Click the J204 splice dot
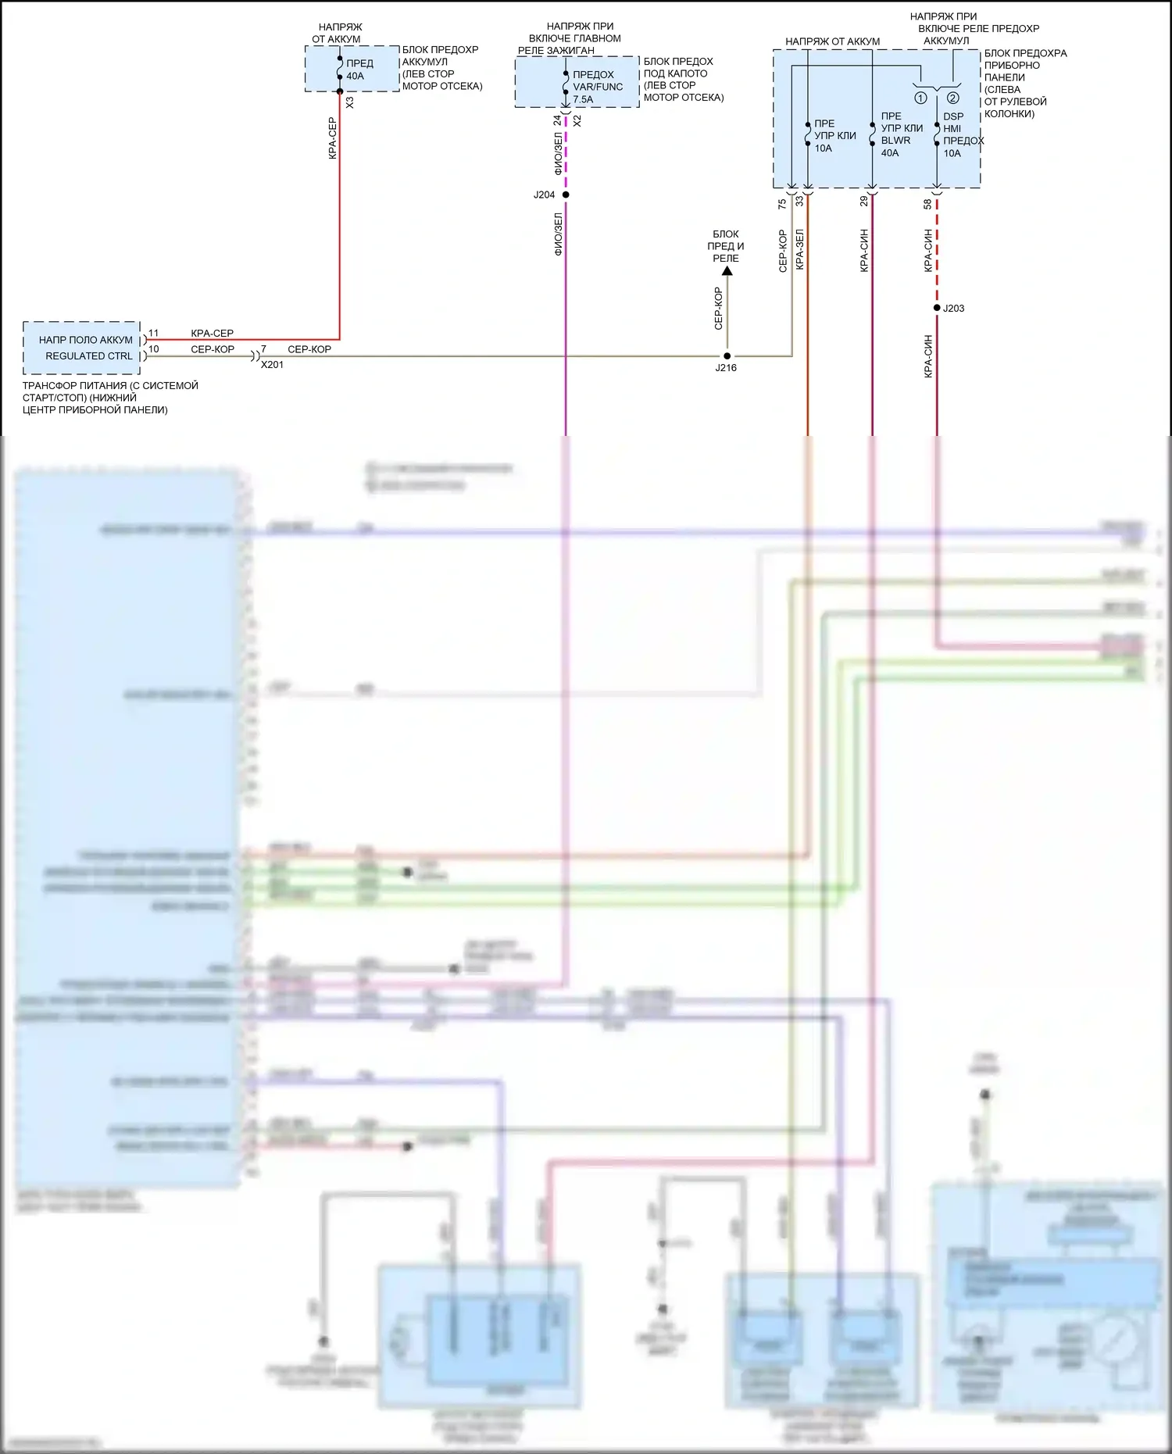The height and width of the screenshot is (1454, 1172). coord(566,195)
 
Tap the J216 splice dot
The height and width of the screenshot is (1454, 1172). coord(727,356)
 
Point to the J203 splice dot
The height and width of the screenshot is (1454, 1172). coord(937,308)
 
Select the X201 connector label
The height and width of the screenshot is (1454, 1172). coord(272,365)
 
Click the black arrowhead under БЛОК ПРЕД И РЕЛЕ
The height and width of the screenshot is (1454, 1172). coord(727,271)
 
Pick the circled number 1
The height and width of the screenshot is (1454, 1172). coord(920,98)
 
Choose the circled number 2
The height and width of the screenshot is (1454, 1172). coord(952,98)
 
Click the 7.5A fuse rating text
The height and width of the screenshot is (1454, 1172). coord(583,99)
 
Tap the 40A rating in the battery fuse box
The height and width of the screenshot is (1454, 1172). coord(355,76)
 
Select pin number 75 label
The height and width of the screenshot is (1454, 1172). coord(782,204)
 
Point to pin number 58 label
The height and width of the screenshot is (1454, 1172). coord(927,204)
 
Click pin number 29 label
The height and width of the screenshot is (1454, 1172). coord(863,202)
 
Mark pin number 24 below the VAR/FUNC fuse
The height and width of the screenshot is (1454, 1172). coord(557,121)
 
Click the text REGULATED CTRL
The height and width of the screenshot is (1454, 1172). coord(88,355)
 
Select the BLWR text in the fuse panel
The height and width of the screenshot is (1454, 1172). coord(895,141)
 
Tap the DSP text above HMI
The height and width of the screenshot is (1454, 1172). coord(953,116)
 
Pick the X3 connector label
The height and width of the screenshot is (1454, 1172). coord(349,102)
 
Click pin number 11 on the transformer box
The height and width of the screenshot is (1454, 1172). coord(153,333)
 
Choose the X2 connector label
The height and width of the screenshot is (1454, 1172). coord(577,121)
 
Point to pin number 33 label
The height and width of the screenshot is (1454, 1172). coord(799,202)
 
